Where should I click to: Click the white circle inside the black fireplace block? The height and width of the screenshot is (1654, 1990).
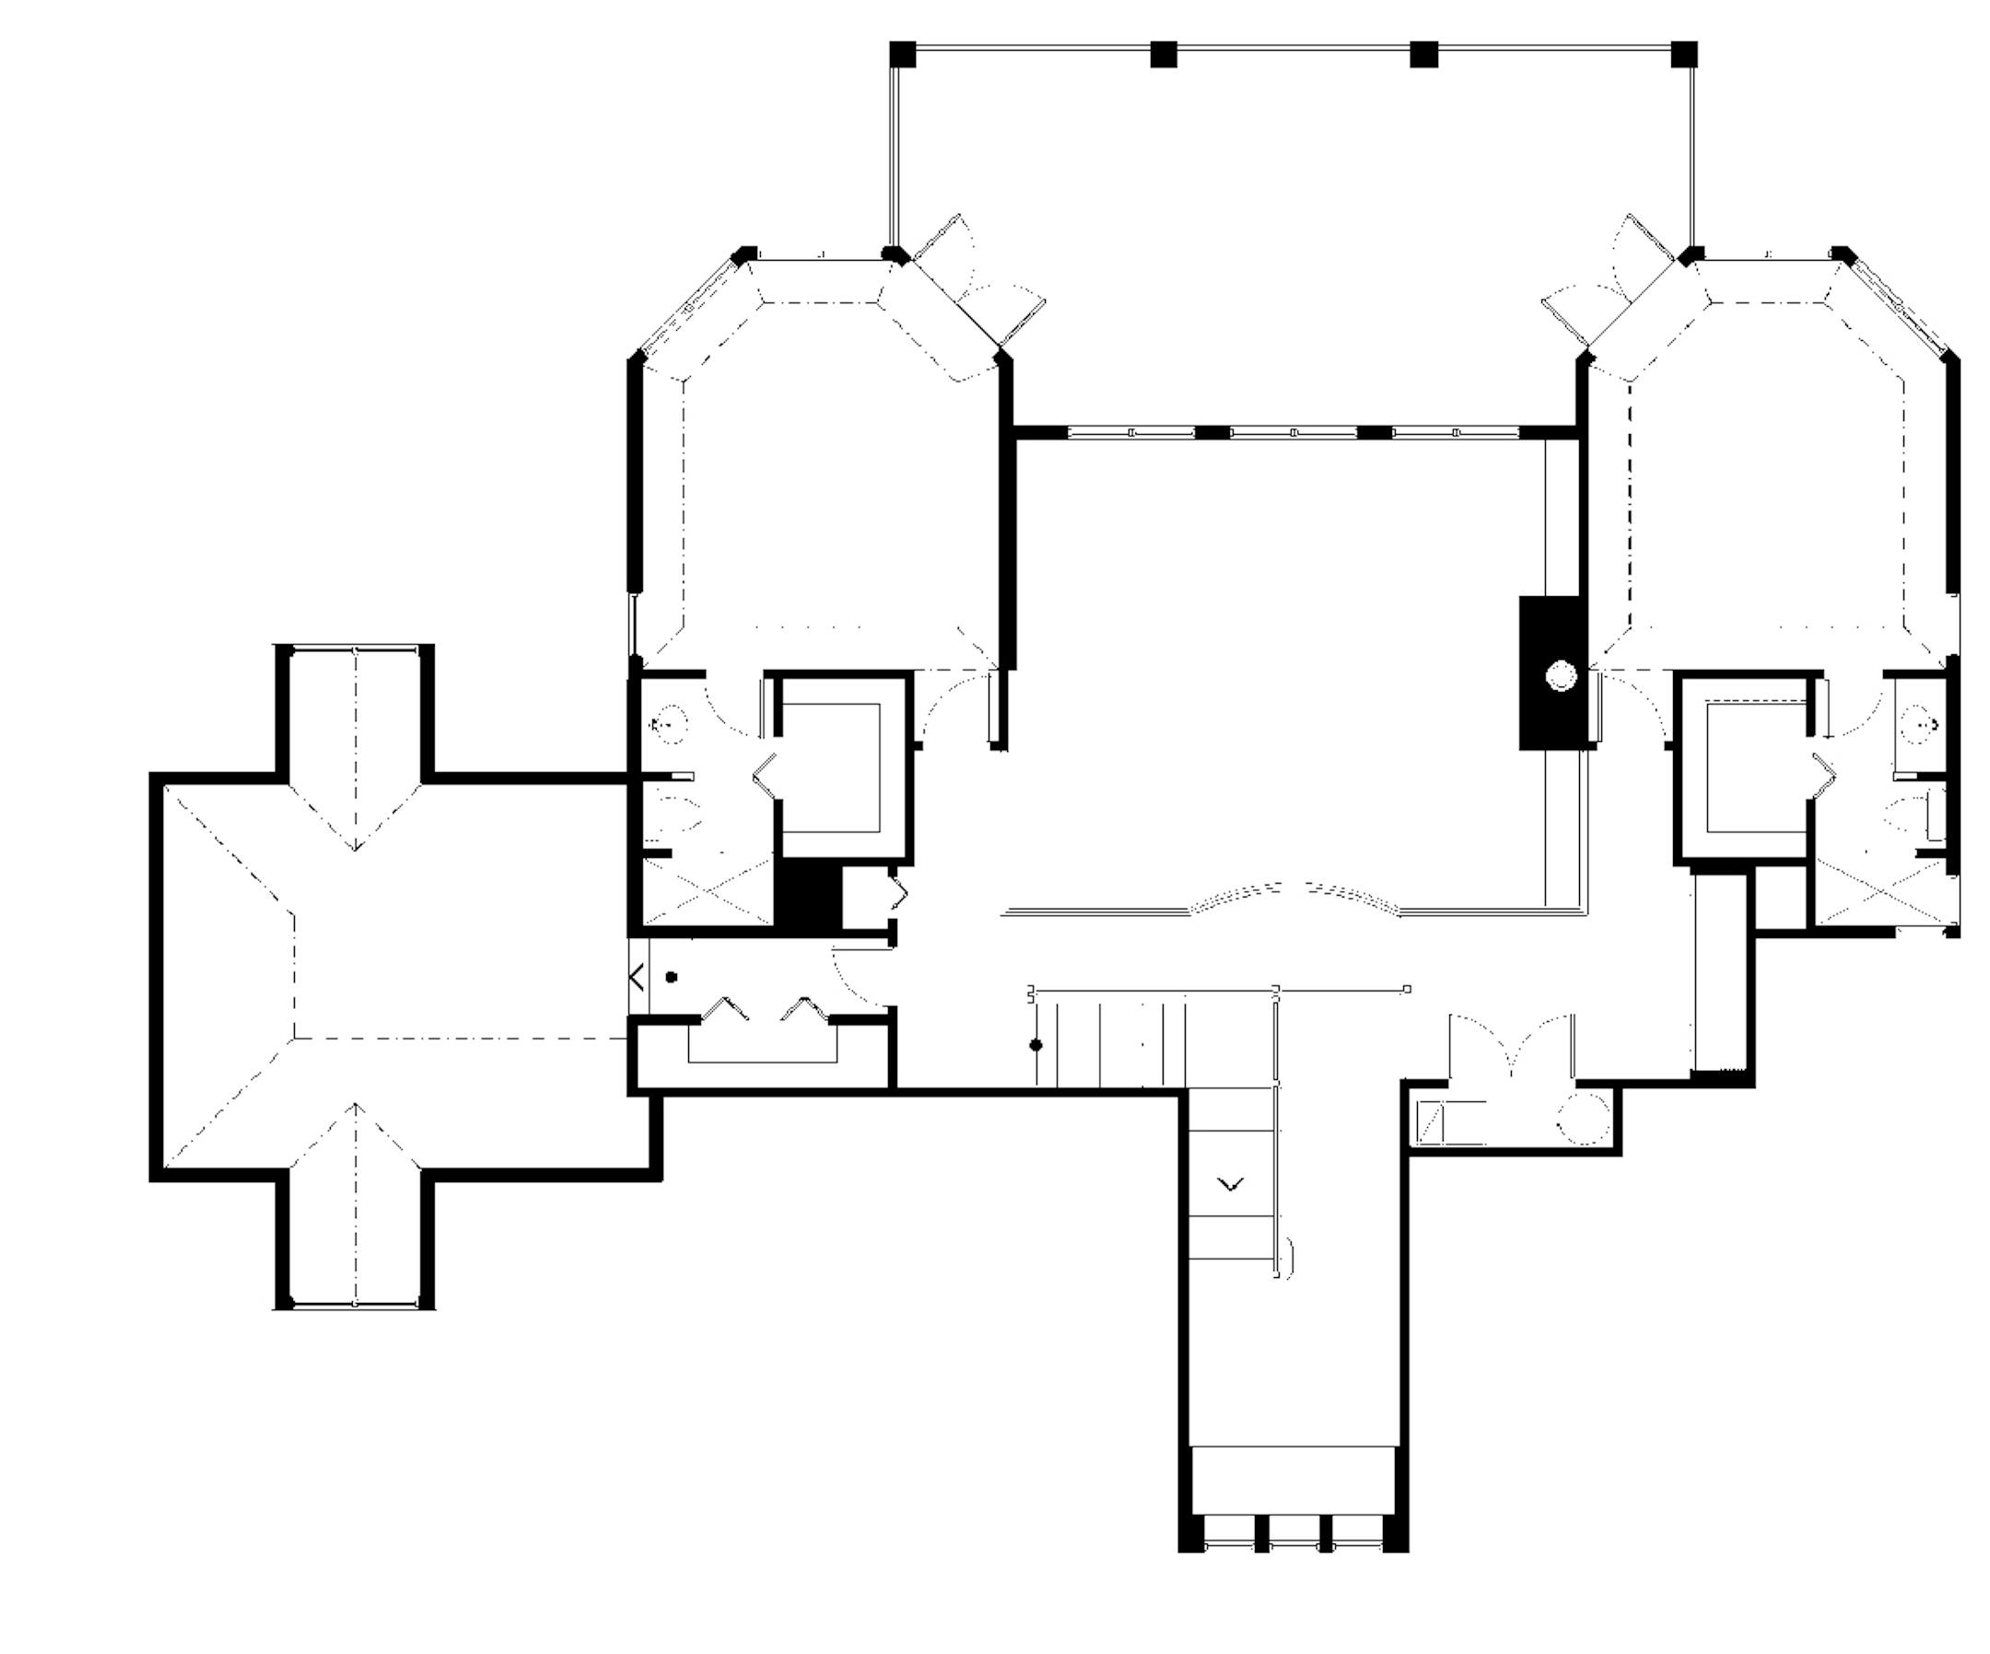pos(1560,675)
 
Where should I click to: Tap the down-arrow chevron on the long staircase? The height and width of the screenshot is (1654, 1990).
pos(1230,1184)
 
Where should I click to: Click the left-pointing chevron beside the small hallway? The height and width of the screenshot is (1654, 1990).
pos(638,977)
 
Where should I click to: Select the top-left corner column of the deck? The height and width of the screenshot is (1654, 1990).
pos(903,54)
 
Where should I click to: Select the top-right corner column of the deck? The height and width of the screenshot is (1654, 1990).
pos(1683,54)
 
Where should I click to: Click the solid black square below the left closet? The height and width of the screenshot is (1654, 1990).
pos(808,894)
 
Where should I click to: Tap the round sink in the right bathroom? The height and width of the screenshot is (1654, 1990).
pos(1918,723)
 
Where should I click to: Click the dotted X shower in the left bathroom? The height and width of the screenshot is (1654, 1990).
pos(708,888)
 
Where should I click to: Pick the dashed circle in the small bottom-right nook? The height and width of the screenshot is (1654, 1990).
pos(1583,1120)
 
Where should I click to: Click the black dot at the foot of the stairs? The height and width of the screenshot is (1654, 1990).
pos(1036,1045)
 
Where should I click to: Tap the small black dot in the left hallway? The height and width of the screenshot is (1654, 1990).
pos(671,977)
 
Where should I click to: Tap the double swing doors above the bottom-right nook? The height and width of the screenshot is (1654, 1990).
pos(1512,1043)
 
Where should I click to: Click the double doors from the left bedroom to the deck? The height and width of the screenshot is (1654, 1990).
pos(976,285)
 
